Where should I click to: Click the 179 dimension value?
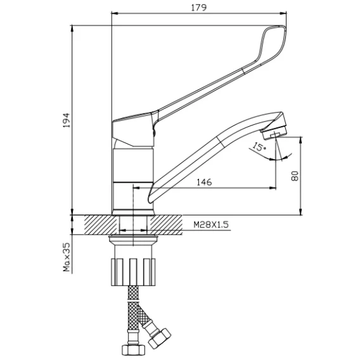(199, 8)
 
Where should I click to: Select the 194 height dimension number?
(67, 120)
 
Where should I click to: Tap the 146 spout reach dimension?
(204, 182)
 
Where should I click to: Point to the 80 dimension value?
(295, 176)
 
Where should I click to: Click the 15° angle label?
(259, 146)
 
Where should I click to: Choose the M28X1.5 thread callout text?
(211, 224)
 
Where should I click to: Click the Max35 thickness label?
(67, 257)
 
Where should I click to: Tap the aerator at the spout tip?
(274, 132)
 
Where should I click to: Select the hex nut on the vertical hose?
(133, 350)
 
